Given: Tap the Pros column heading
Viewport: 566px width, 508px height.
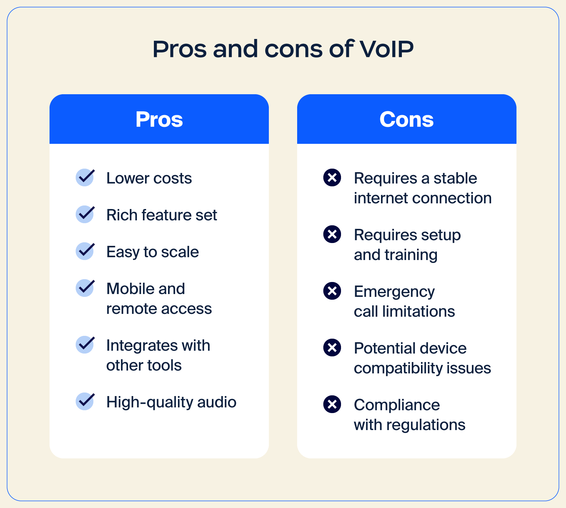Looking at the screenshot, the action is (x=159, y=119).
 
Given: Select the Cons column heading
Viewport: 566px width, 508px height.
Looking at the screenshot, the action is (x=406, y=119).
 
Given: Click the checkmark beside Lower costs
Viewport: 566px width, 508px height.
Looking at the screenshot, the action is (x=85, y=177).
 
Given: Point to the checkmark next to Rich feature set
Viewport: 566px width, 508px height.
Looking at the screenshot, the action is (x=85, y=214).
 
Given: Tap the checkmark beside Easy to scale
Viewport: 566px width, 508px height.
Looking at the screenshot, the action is (x=85, y=251).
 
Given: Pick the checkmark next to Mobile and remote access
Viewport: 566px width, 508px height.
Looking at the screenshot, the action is (x=85, y=288).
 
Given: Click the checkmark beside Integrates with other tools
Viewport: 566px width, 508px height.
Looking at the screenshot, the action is (x=85, y=344).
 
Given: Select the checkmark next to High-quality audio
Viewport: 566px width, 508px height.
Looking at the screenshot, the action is (x=85, y=401).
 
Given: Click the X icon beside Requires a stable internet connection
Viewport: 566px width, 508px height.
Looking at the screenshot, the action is (x=332, y=177).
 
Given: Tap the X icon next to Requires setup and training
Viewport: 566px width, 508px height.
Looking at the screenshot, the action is (x=332, y=234).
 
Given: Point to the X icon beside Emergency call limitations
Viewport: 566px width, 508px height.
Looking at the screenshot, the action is (x=332, y=291).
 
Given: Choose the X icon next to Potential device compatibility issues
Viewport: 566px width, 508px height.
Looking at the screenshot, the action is (x=332, y=348).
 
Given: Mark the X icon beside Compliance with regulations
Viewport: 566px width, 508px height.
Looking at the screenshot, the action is (x=332, y=404).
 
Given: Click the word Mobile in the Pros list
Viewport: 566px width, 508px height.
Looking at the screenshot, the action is (x=130, y=289).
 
